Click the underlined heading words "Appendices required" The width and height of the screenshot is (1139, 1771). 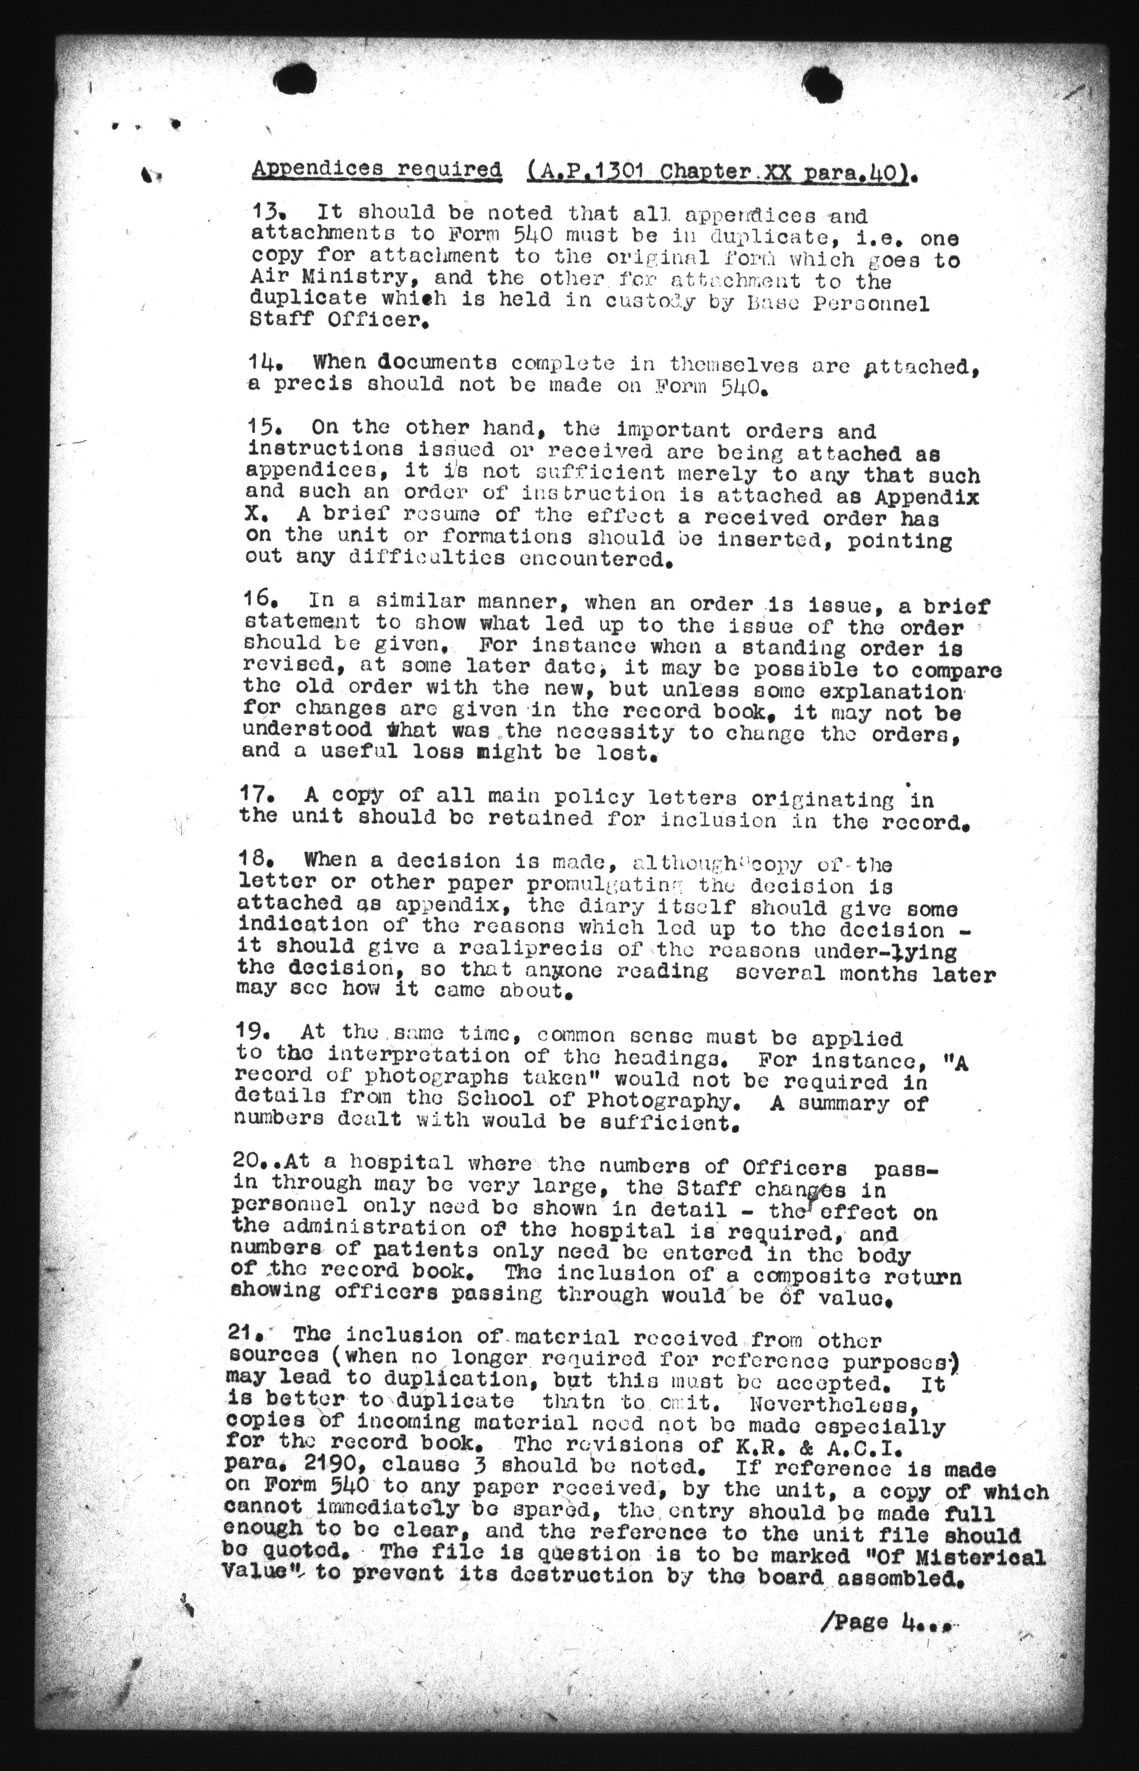[376, 170]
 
